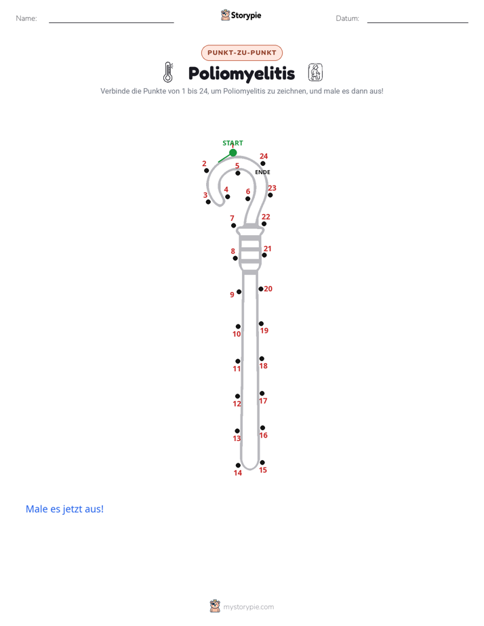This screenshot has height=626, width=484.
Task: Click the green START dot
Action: [233, 152]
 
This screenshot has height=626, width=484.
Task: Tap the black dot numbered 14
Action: [238, 465]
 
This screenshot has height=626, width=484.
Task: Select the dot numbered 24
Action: [263, 163]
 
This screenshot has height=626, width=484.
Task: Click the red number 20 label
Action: [268, 289]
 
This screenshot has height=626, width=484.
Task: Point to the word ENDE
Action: [263, 172]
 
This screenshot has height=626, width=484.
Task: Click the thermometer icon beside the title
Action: [168, 72]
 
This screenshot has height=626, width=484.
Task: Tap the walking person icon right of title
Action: [315, 72]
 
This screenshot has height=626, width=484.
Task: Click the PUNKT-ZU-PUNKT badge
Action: [242, 53]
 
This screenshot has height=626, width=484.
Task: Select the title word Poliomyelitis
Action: [241, 74]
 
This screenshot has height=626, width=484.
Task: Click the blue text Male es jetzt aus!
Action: [64, 509]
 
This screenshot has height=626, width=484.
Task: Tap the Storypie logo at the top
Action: [241, 15]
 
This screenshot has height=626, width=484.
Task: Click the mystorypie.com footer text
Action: [248, 607]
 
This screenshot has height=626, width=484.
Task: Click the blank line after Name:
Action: [111, 22]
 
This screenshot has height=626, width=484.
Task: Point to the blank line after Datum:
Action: [418, 22]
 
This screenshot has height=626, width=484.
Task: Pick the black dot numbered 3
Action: [208, 202]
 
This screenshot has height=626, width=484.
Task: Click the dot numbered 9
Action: [239, 292]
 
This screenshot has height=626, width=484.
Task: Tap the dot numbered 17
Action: [262, 393]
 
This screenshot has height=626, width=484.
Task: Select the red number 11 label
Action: [237, 369]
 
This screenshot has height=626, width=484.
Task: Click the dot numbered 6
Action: [247, 199]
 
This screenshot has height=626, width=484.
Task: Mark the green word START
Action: [233, 143]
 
